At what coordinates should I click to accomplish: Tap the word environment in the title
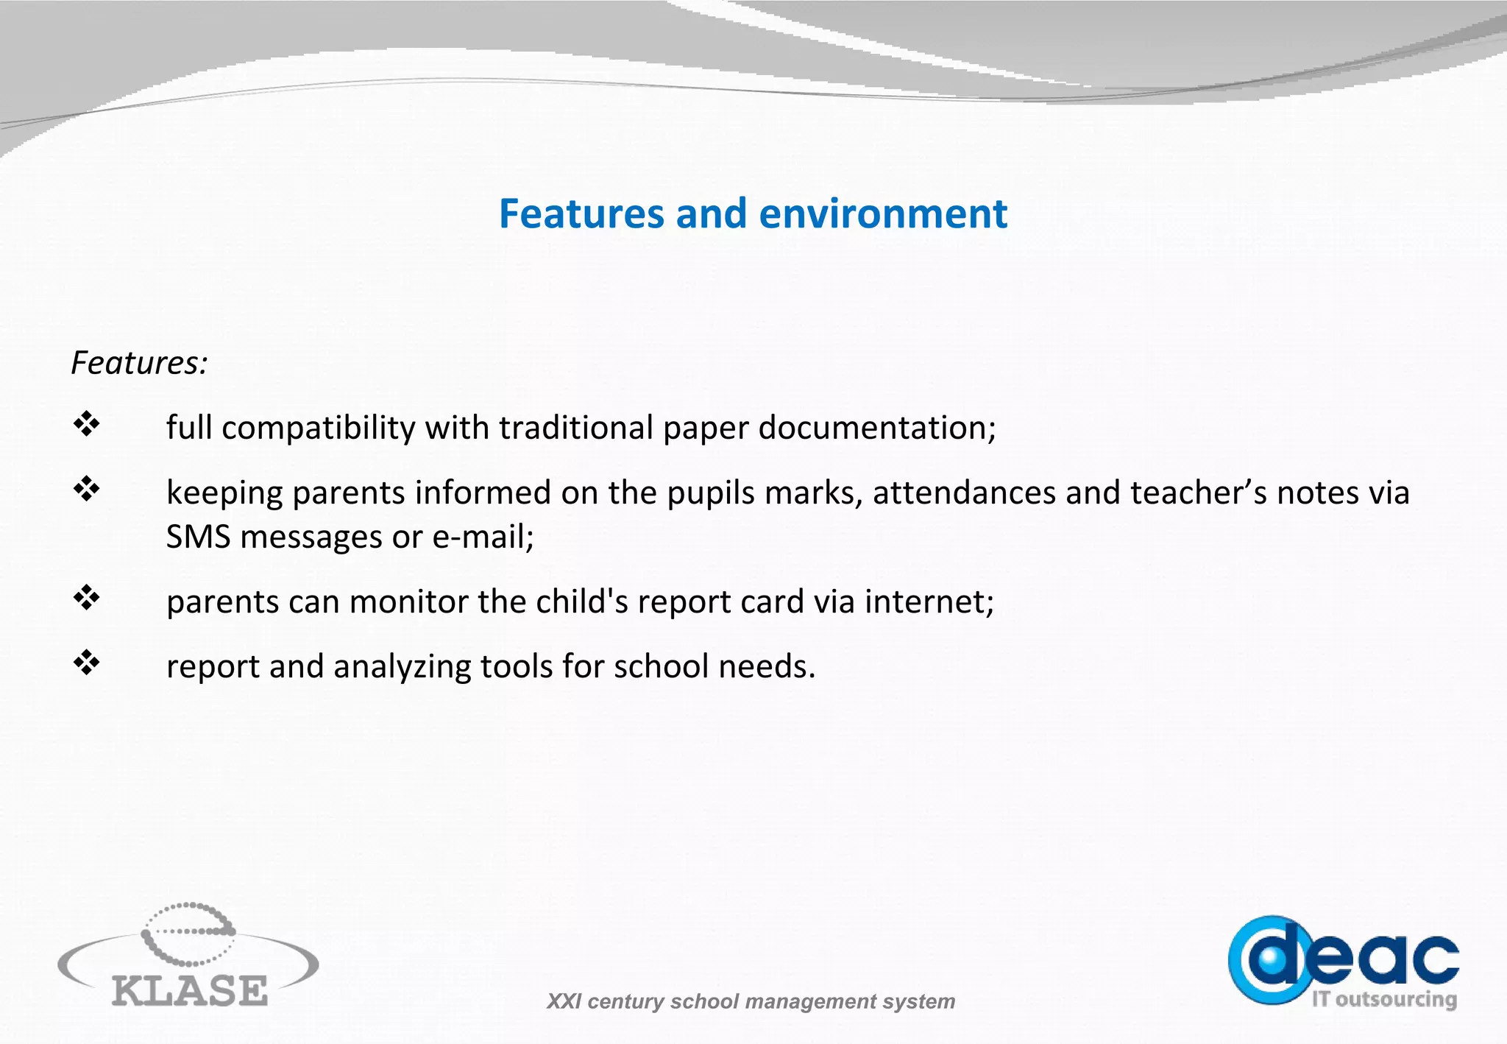coord(882,214)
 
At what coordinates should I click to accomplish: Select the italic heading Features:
coord(139,363)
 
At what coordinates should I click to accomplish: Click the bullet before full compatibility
coord(86,424)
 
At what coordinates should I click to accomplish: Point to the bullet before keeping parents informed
coord(86,489)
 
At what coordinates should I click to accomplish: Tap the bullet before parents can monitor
coord(86,598)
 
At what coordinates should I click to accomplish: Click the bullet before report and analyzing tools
coord(86,663)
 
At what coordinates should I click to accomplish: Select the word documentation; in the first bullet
coord(876,428)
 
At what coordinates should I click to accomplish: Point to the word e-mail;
coord(483,537)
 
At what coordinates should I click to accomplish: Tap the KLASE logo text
coord(190,990)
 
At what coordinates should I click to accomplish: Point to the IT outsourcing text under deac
coord(1384,999)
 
